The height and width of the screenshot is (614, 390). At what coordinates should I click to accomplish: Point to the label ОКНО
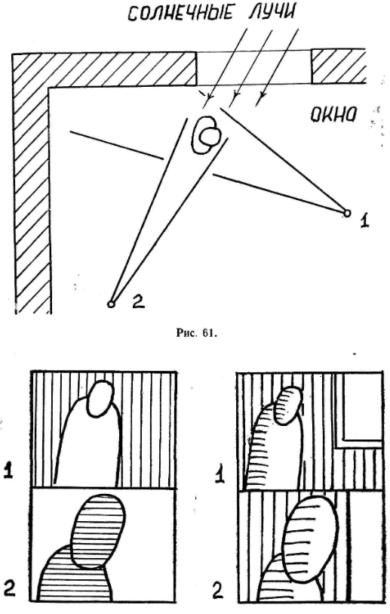[333, 114]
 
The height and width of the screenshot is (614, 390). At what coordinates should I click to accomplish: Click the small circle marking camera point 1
[346, 213]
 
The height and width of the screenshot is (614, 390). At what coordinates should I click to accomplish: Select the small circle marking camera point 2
[111, 304]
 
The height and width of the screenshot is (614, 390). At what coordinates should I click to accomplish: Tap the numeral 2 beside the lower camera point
[138, 301]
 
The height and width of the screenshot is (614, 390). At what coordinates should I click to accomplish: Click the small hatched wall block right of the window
[339, 66]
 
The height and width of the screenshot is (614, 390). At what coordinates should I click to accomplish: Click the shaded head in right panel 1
[290, 406]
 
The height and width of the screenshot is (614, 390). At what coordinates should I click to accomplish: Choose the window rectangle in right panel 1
[362, 410]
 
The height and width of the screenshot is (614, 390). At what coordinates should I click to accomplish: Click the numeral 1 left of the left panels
[8, 469]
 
